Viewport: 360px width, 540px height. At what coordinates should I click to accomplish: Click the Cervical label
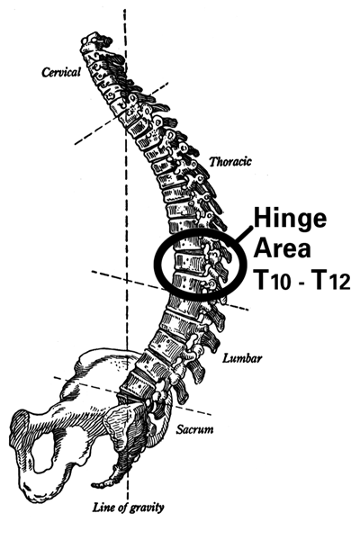[x=61, y=72]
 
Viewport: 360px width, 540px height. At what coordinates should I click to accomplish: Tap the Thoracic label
[x=230, y=161]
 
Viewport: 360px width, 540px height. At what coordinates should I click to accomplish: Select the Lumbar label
[x=242, y=358]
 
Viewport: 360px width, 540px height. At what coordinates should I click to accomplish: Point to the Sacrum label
[x=194, y=429]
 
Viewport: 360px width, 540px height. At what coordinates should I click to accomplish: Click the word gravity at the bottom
[x=148, y=508]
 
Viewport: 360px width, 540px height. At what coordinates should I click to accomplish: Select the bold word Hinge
[x=290, y=220]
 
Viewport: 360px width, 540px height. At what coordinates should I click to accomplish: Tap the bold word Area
[x=282, y=248]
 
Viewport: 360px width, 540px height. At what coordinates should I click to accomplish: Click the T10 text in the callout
[x=272, y=281]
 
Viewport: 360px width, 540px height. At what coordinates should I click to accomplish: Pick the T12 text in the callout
[x=330, y=281]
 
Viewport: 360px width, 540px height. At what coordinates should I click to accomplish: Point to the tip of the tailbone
[x=93, y=486]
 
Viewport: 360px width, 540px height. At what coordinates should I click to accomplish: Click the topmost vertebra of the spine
[x=93, y=40]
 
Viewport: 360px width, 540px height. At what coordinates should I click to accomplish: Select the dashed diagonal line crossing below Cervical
[x=121, y=113]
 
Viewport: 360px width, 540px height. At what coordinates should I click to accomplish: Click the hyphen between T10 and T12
[x=301, y=284]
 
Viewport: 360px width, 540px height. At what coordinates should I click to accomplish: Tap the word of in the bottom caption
[x=123, y=507]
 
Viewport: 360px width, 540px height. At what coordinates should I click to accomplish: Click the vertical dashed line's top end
[x=125, y=10]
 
